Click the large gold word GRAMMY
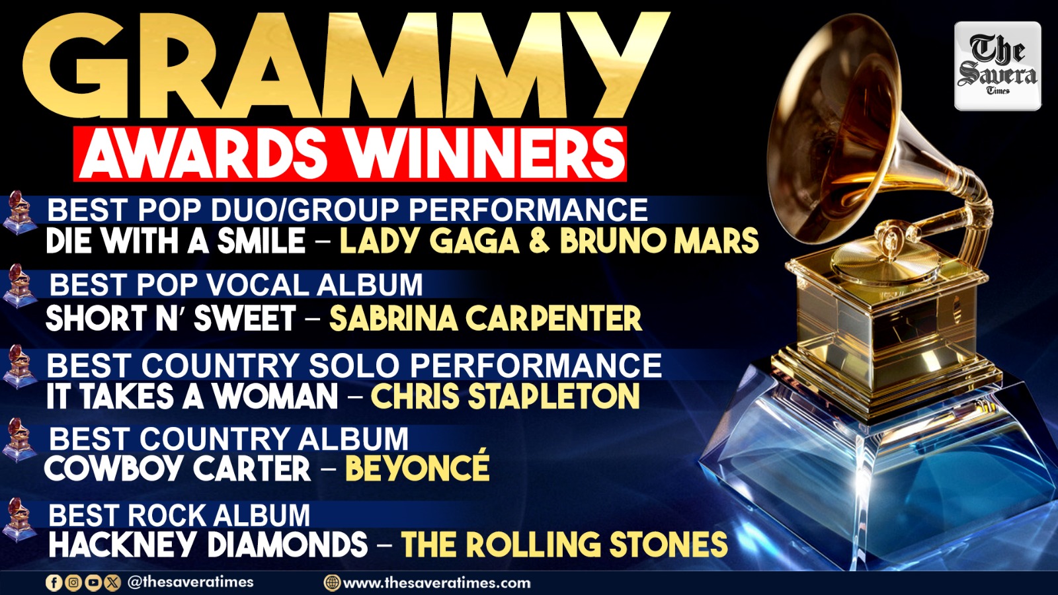pyautogui.click(x=345, y=66)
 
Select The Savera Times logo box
pyautogui.click(x=998, y=66)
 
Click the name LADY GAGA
pyautogui.click(x=430, y=241)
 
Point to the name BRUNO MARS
pyautogui.click(x=659, y=241)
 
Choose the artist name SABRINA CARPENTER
pyautogui.click(x=485, y=318)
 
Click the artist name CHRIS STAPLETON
pyautogui.click(x=505, y=396)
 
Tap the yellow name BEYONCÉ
pyautogui.click(x=417, y=467)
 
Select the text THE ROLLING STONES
pyautogui.click(x=565, y=544)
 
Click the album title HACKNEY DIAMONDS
pyautogui.click(x=208, y=544)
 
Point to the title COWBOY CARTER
pyautogui.click(x=178, y=469)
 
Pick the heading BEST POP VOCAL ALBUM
pyautogui.click(x=236, y=285)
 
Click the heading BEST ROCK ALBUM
pyautogui.click(x=179, y=515)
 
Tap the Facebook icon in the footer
pyautogui.click(x=54, y=582)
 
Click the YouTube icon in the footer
pyautogui.click(x=93, y=582)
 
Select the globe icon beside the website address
pyautogui.click(x=332, y=582)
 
